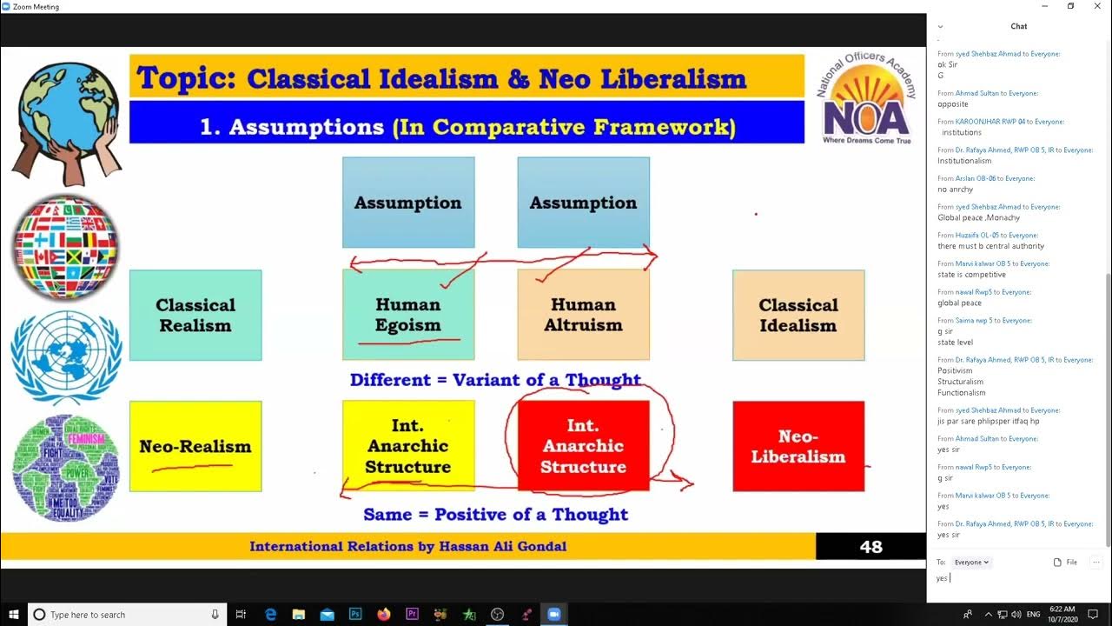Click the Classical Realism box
coord(195,315)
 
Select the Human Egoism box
coord(408,315)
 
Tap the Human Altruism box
coord(583,315)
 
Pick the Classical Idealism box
coord(798,315)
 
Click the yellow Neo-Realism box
coord(195,446)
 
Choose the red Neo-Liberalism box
coord(798,446)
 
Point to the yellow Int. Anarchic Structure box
coord(408,446)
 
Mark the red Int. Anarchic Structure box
coord(583,446)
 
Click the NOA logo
coord(865,100)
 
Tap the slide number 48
coord(870,547)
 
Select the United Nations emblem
coord(66,356)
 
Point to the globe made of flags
coord(66,248)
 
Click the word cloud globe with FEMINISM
coord(66,468)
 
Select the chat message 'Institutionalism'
coord(964,161)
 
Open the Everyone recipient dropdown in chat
coord(971,563)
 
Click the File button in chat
coord(1065,563)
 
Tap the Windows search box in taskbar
coord(127,615)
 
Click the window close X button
coord(1094,6)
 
